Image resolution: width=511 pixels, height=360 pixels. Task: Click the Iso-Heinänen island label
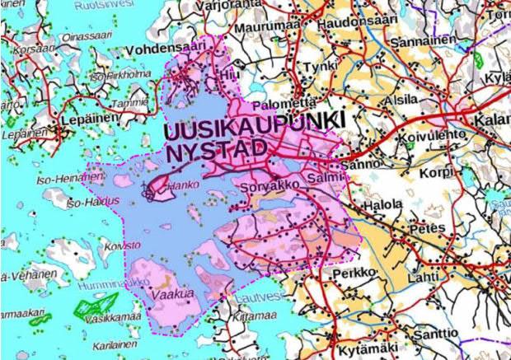click(x=62, y=179)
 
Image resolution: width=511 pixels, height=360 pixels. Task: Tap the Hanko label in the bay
click(x=179, y=186)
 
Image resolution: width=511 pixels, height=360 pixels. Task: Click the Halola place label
click(x=385, y=203)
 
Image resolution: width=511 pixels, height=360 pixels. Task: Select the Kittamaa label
click(x=241, y=315)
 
